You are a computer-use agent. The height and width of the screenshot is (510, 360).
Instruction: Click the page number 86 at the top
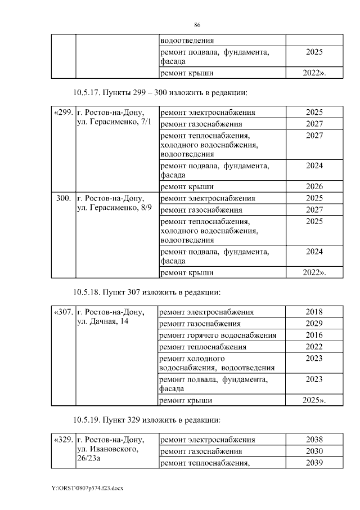(x=197, y=25)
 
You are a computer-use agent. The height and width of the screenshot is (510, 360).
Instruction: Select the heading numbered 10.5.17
(x=160, y=92)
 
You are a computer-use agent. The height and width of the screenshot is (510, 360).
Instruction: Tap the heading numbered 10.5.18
(x=146, y=292)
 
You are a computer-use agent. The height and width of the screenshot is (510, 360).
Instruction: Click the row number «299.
(x=63, y=112)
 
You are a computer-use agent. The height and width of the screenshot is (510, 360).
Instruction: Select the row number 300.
(x=63, y=198)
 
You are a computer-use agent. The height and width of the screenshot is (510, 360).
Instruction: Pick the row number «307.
(x=63, y=312)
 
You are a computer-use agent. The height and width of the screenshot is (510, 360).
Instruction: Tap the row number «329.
(x=63, y=440)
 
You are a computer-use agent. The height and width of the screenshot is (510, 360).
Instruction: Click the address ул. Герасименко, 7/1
(x=113, y=123)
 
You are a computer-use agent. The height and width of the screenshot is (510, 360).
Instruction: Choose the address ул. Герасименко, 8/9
(x=113, y=209)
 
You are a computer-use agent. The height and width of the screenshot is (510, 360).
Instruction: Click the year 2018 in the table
(x=314, y=312)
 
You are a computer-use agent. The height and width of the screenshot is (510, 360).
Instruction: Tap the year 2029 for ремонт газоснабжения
(x=314, y=324)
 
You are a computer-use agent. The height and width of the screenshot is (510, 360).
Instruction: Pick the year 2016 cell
(x=314, y=335)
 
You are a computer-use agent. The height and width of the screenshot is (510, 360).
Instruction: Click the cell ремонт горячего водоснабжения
(x=218, y=335)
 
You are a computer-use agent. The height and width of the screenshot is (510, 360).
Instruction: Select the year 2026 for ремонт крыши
(x=314, y=186)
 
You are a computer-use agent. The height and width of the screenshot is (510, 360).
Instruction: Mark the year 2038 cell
(x=314, y=440)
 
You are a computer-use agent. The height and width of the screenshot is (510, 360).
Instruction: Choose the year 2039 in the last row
(x=314, y=463)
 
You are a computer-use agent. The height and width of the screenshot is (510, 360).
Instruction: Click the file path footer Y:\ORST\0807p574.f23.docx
(x=87, y=488)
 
